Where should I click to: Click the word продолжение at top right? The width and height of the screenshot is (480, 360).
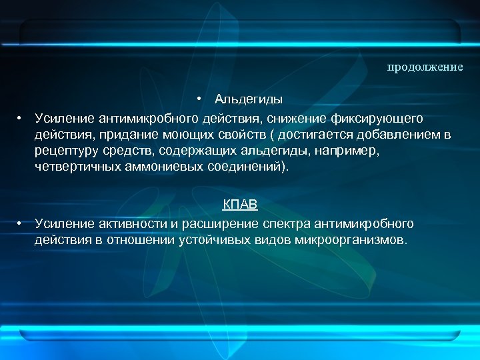(425, 67)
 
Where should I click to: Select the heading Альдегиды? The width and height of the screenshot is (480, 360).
(248, 99)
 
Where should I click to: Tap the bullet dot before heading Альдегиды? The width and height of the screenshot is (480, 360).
(199, 99)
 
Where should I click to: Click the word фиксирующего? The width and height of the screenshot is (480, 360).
(377, 118)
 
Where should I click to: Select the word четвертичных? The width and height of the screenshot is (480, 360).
(77, 168)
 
